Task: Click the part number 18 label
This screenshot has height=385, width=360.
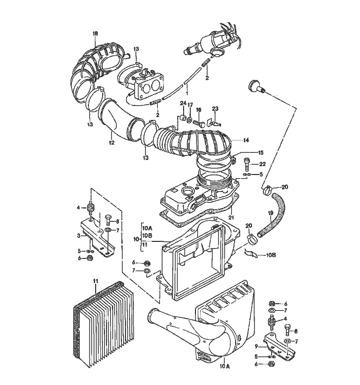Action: (x=95, y=33)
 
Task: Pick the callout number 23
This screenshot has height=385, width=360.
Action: (x=215, y=109)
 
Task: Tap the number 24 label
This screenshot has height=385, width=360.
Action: (x=183, y=104)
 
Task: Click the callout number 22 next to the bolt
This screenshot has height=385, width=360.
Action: (x=262, y=164)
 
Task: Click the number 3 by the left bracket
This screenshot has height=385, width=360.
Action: (x=79, y=236)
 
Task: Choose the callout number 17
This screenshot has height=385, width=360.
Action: (x=190, y=106)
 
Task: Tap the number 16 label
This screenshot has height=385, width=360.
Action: (x=199, y=109)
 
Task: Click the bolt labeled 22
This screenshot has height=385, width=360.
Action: (x=248, y=164)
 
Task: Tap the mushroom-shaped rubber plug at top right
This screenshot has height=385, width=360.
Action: (x=254, y=86)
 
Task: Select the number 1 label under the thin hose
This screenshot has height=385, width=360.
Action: (x=187, y=94)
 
